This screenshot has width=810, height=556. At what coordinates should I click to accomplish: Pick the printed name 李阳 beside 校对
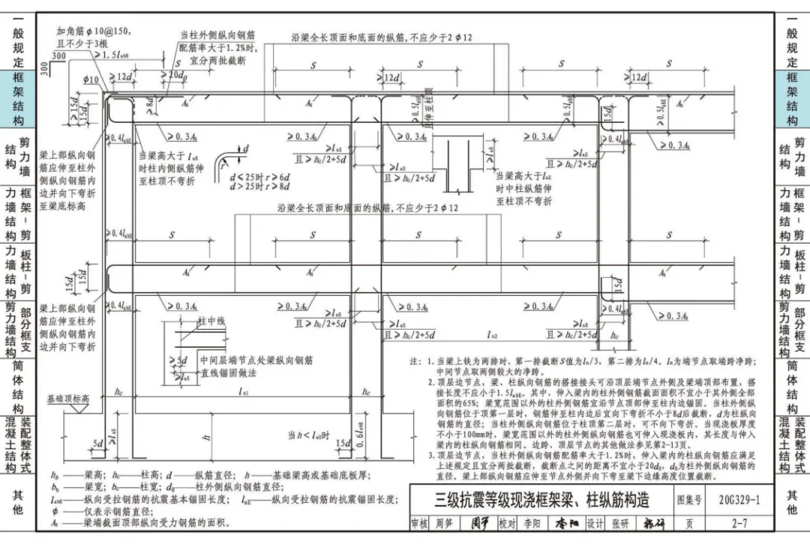pos(532,524)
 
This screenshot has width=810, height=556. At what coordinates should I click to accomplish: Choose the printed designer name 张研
pos(619,524)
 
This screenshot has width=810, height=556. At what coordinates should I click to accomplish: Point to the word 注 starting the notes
pos(414,361)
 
